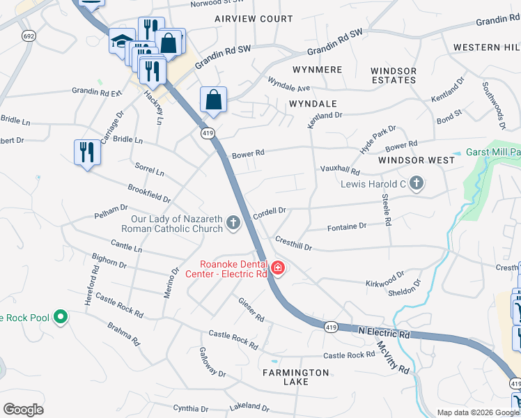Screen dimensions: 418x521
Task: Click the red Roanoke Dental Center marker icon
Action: click(x=278, y=268)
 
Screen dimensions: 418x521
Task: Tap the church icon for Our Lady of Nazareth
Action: click(x=233, y=224)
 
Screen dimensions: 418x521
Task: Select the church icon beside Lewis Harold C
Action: click(x=417, y=184)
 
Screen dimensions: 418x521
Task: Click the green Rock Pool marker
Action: click(x=61, y=318)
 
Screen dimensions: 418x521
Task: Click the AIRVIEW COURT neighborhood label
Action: click(x=254, y=19)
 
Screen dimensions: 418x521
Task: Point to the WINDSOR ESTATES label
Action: click(x=394, y=75)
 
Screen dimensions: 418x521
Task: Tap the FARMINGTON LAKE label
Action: click(x=295, y=373)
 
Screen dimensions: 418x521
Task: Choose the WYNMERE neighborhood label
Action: click(x=317, y=70)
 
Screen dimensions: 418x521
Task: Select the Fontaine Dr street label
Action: click(x=346, y=226)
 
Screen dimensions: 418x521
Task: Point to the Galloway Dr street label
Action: click(x=212, y=362)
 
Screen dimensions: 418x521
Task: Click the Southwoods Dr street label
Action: click(x=492, y=105)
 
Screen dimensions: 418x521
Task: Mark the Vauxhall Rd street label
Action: click(x=340, y=171)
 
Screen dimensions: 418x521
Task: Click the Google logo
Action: click(x=23, y=410)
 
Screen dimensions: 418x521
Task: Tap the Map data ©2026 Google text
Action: click(x=477, y=412)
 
